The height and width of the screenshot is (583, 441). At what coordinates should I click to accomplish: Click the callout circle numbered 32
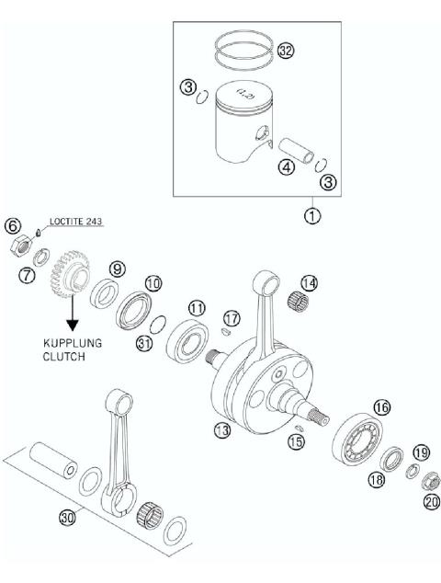pyautogui.click(x=286, y=51)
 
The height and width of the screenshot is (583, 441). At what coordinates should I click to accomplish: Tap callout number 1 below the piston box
pyautogui.click(x=314, y=219)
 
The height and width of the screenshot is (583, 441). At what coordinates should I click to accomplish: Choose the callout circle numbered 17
pyautogui.click(x=231, y=317)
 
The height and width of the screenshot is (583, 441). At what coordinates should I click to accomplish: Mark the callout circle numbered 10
pyautogui.click(x=152, y=282)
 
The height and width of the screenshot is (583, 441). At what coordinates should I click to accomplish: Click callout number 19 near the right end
pyautogui.click(x=421, y=452)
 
